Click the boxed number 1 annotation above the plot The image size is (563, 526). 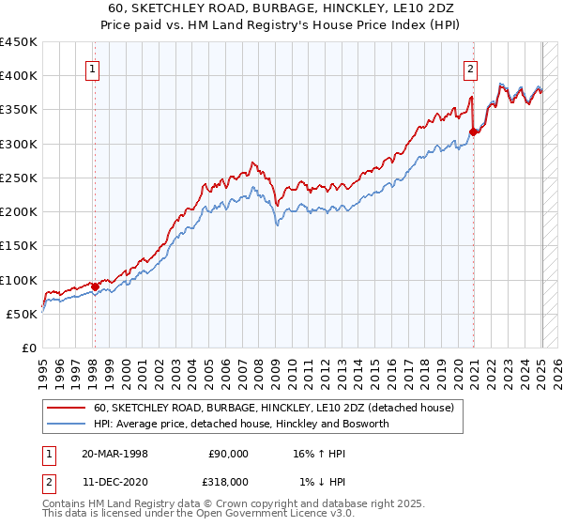point(94,68)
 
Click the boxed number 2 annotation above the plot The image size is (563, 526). point(469,68)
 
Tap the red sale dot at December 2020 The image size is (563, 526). point(474,131)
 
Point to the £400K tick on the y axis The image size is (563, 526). point(19,76)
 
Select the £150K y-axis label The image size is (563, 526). point(19,246)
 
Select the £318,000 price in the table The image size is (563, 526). point(228,481)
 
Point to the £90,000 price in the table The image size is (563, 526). point(228,453)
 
